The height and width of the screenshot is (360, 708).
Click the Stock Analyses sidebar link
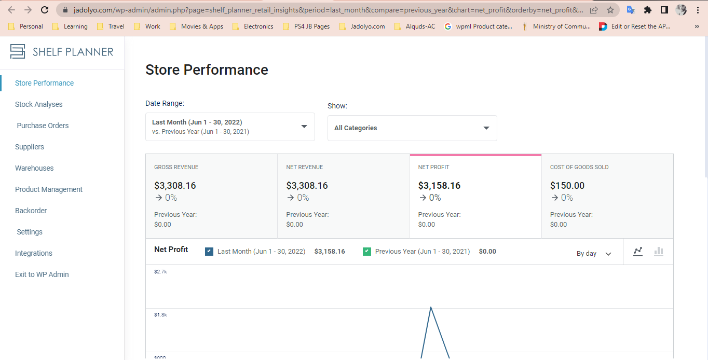click(38, 104)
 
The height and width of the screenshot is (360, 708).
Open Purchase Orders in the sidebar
click(43, 126)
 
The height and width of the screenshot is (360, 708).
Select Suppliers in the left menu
click(30, 147)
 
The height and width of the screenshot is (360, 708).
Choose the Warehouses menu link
click(34, 168)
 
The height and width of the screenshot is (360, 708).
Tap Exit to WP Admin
click(42, 274)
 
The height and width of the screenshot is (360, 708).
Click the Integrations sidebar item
click(34, 253)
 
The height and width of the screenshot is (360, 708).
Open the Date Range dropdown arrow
click(304, 127)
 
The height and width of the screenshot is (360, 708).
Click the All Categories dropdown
click(412, 128)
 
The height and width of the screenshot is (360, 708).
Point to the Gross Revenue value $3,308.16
click(175, 185)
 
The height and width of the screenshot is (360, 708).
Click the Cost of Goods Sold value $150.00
click(567, 185)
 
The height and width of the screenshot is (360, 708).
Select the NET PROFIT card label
click(433, 167)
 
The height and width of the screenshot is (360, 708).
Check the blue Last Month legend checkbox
click(209, 252)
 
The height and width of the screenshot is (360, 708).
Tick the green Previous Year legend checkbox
click(366, 252)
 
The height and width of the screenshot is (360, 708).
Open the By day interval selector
click(594, 254)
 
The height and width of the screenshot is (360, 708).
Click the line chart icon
click(638, 252)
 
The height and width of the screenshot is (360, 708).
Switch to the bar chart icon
click(659, 252)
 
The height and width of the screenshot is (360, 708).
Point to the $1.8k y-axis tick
click(160, 314)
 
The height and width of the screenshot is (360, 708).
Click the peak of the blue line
click(431, 307)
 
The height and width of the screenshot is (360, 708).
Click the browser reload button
click(45, 10)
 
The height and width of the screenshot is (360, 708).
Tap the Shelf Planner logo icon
click(17, 51)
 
